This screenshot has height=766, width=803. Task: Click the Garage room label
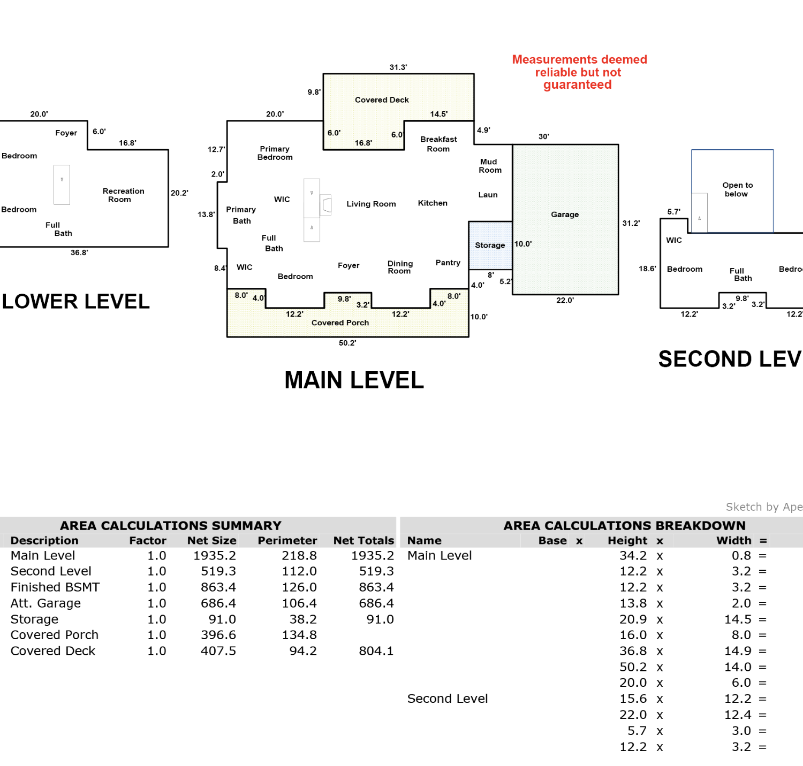click(x=565, y=215)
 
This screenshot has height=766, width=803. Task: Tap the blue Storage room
click(x=490, y=246)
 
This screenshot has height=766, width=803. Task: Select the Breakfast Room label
click(x=438, y=144)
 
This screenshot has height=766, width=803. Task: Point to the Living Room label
click(x=371, y=204)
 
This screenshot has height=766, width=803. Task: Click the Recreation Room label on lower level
click(x=123, y=195)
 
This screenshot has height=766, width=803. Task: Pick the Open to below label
click(x=737, y=189)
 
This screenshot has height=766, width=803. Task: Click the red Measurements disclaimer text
click(x=579, y=72)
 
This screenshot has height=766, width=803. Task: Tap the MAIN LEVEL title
click(x=354, y=380)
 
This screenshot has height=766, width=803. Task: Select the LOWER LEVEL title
click(x=75, y=302)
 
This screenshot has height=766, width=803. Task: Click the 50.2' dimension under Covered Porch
click(x=347, y=343)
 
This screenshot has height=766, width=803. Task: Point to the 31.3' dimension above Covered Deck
click(x=398, y=67)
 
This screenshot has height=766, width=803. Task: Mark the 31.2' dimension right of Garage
click(x=631, y=223)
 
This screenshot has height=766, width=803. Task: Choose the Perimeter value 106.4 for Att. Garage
click(x=299, y=603)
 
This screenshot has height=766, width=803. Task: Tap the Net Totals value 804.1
click(x=376, y=651)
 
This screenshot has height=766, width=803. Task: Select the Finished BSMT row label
click(x=55, y=587)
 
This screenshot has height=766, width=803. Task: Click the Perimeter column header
click(x=287, y=541)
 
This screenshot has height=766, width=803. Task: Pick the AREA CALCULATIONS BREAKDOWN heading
click(x=624, y=526)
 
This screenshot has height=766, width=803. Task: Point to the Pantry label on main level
click(x=448, y=263)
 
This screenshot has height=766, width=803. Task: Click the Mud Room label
click(x=490, y=166)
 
